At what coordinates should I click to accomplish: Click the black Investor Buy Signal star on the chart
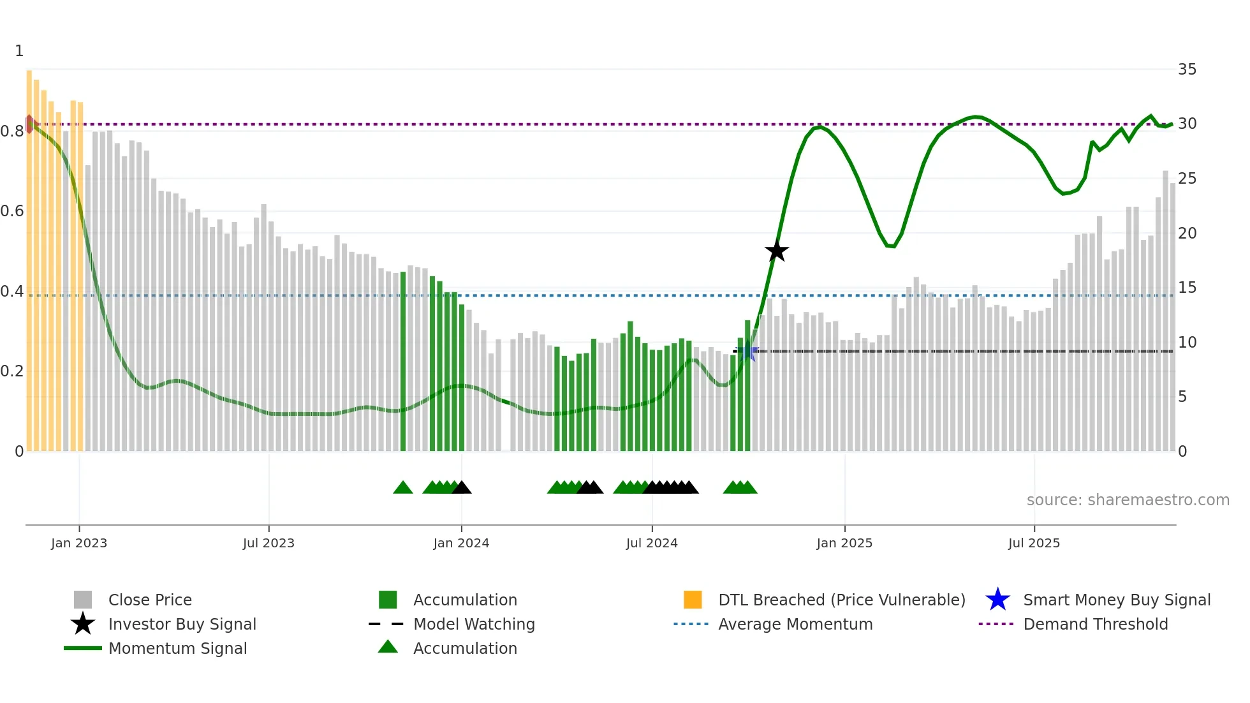click(x=776, y=251)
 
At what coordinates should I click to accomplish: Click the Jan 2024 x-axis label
click(x=461, y=543)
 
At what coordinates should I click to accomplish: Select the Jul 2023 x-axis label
click(x=268, y=543)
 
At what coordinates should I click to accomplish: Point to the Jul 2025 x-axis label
click(x=1034, y=543)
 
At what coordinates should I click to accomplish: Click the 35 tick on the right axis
click(x=1187, y=69)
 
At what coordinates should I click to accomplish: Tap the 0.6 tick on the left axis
click(x=13, y=211)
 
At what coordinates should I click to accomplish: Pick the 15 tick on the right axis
click(x=1187, y=288)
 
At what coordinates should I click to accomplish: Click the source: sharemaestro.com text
click(x=1128, y=500)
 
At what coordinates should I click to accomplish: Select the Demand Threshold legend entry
click(x=1095, y=624)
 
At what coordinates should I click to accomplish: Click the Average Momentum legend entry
click(x=795, y=624)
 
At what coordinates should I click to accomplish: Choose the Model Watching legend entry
click(x=473, y=624)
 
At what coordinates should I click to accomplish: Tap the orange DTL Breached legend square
click(x=693, y=600)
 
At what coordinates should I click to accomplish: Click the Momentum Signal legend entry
click(x=177, y=648)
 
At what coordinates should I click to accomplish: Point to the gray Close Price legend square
click(x=83, y=600)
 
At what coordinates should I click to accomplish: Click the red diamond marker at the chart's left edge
click(x=29, y=124)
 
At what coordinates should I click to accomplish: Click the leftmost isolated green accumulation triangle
click(x=403, y=488)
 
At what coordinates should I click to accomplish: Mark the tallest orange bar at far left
click(x=29, y=255)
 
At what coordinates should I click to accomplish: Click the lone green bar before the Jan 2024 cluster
click(x=403, y=364)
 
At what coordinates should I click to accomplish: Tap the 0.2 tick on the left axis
click(x=13, y=371)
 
